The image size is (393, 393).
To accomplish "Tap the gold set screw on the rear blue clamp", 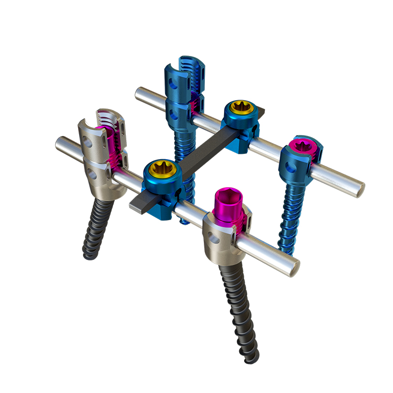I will [x=242, y=107].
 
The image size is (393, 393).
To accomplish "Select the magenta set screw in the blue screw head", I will [x=300, y=146].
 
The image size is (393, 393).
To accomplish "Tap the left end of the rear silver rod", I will [x=139, y=93].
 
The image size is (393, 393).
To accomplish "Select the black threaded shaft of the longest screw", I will [x=236, y=309].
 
